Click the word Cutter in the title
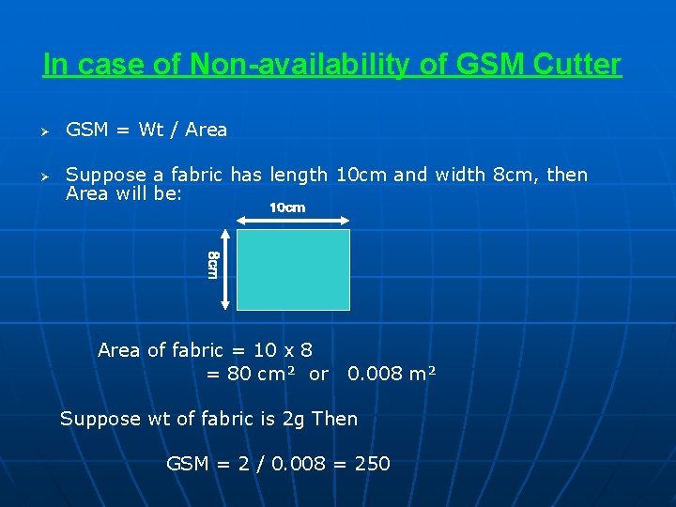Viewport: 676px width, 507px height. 576,65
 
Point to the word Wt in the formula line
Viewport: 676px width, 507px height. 151,130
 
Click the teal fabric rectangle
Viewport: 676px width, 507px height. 293,269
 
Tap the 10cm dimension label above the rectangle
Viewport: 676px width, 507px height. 287,207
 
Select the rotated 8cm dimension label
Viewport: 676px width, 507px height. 213,265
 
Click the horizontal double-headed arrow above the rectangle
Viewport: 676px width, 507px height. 293,221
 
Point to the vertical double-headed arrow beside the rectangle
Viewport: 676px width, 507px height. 224,269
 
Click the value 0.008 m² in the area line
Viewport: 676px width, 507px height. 392,374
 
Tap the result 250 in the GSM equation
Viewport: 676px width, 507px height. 373,463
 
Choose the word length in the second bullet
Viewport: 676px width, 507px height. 299,175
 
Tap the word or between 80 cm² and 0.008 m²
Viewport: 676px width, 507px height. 318,374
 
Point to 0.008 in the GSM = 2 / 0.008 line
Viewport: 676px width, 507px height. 300,463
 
